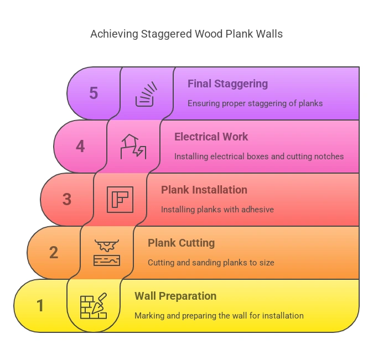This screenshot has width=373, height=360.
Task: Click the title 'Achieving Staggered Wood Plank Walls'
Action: click(186, 34)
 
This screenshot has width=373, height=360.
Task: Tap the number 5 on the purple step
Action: click(94, 93)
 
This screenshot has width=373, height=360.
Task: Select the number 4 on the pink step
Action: click(80, 147)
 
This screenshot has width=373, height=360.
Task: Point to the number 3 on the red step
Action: click(67, 199)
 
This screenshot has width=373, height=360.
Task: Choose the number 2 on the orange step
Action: click(54, 252)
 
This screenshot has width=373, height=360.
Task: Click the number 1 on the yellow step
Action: click(40, 305)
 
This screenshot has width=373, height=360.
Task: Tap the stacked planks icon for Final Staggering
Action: click(146, 94)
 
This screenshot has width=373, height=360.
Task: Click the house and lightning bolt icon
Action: click(133, 147)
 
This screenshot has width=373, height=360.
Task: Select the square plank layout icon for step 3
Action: click(120, 200)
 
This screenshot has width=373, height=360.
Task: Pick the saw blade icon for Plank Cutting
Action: click(107, 253)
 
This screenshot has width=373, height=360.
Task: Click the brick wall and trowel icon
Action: click(93, 306)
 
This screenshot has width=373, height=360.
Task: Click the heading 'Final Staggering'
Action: click(227, 84)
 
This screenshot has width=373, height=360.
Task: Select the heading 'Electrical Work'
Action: click(211, 137)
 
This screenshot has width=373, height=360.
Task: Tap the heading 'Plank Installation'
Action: click(204, 190)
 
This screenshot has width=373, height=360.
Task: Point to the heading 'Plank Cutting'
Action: click(181, 243)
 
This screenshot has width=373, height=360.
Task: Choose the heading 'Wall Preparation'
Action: click(175, 296)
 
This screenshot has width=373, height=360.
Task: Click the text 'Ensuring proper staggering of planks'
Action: click(255, 103)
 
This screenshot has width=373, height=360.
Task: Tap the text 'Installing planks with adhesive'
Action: click(217, 210)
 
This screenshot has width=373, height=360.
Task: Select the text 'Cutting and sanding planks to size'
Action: click(211, 263)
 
